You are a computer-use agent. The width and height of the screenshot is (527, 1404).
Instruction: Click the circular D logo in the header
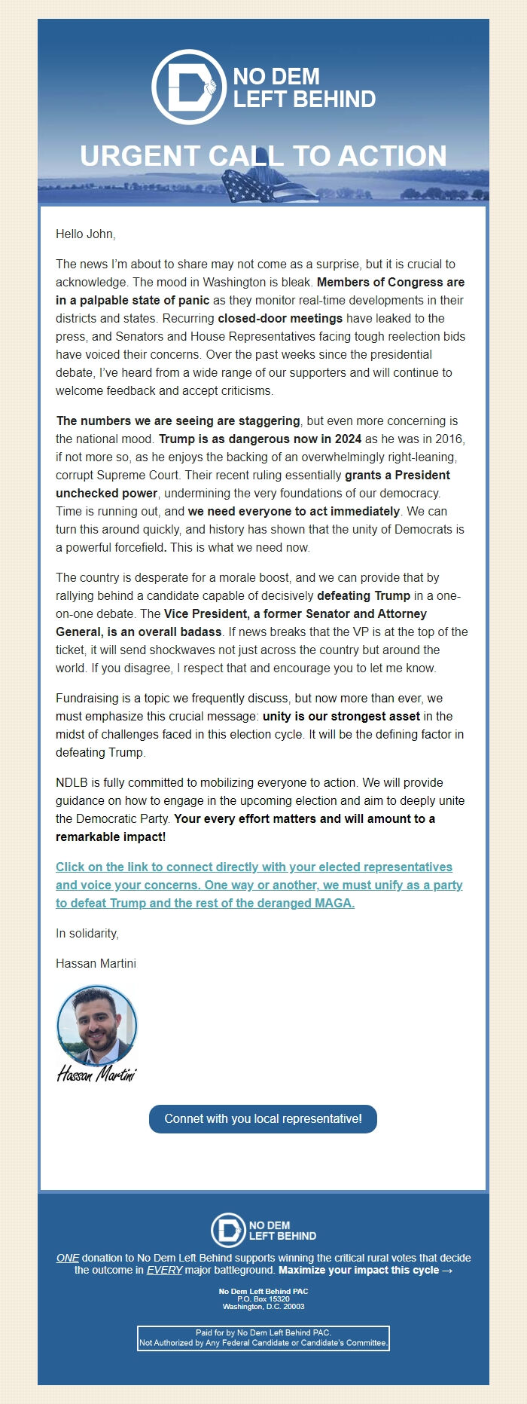[188, 87]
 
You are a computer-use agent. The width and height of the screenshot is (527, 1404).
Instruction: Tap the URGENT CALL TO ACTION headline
[263, 156]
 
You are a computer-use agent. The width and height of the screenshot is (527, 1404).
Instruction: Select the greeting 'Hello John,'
[85, 234]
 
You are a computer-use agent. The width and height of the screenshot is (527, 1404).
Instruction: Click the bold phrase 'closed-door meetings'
[280, 319]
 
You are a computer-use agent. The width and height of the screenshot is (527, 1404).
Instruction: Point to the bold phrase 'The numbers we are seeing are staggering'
[178, 421]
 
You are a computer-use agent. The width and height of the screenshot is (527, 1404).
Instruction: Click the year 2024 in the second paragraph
[346, 439]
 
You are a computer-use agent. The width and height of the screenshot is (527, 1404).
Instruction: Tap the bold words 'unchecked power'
[106, 494]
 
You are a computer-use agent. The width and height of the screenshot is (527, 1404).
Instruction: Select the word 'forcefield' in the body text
[136, 548]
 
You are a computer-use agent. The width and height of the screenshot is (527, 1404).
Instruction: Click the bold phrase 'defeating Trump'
[364, 596]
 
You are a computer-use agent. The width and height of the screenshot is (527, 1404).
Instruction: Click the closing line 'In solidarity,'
[87, 934]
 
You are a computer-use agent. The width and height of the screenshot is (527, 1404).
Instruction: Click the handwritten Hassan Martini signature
[96, 1073]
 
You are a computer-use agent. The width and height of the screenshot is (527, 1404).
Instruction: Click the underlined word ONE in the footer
[67, 1258]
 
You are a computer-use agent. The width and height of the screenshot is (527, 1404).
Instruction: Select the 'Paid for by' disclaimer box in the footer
[263, 1338]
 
